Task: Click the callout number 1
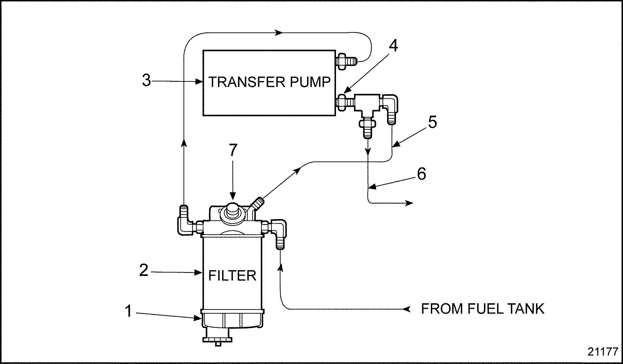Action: tap(128, 311)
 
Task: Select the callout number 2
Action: tap(144, 270)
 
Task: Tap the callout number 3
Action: tap(147, 81)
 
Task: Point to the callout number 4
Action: tap(393, 46)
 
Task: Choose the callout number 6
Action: tap(422, 174)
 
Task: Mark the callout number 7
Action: tap(233, 150)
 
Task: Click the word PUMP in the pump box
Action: tap(309, 82)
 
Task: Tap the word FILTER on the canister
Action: tap(232, 276)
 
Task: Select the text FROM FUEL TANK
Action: tap(483, 309)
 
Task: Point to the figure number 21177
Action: tap(602, 352)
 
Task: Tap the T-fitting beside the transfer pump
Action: tap(366, 104)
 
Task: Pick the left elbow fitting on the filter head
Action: tap(185, 223)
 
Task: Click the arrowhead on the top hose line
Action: tap(279, 33)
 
